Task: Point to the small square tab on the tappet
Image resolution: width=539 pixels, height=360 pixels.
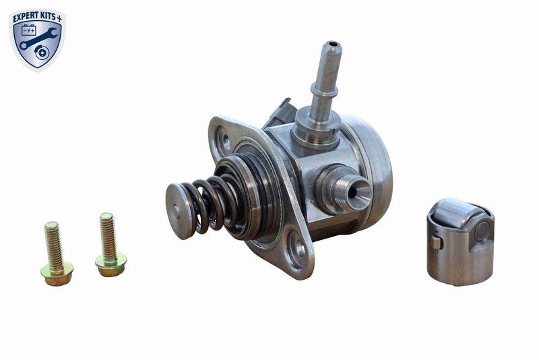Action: pyautogui.click(x=437, y=242)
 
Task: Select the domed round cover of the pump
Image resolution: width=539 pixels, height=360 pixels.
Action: pyautogui.click(x=374, y=162)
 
